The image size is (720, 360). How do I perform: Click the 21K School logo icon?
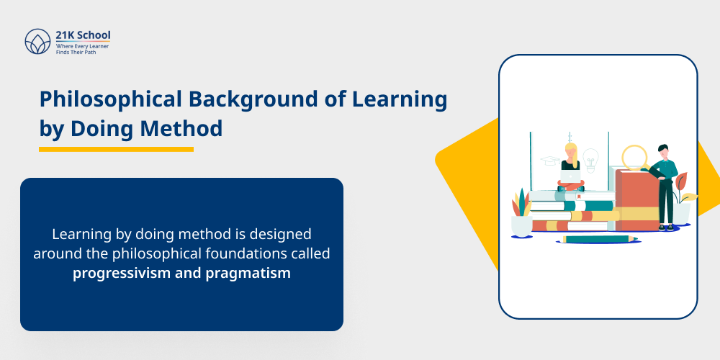click(x=37, y=42)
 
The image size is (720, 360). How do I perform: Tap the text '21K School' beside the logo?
click(x=83, y=35)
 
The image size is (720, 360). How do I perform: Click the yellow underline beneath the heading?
click(x=116, y=149)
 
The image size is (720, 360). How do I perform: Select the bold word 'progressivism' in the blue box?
click(x=122, y=273)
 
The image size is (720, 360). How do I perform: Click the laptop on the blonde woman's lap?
click(x=570, y=176)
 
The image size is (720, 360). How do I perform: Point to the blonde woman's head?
click(x=571, y=150)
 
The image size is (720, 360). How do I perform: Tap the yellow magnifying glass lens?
click(x=635, y=156)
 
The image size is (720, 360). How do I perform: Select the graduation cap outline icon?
click(x=550, y=161)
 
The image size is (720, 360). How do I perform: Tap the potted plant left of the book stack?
click(x=521, y=213)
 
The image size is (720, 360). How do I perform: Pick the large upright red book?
click(x=636, y=198)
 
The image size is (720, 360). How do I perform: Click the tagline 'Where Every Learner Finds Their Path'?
click(x=82, y=49)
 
